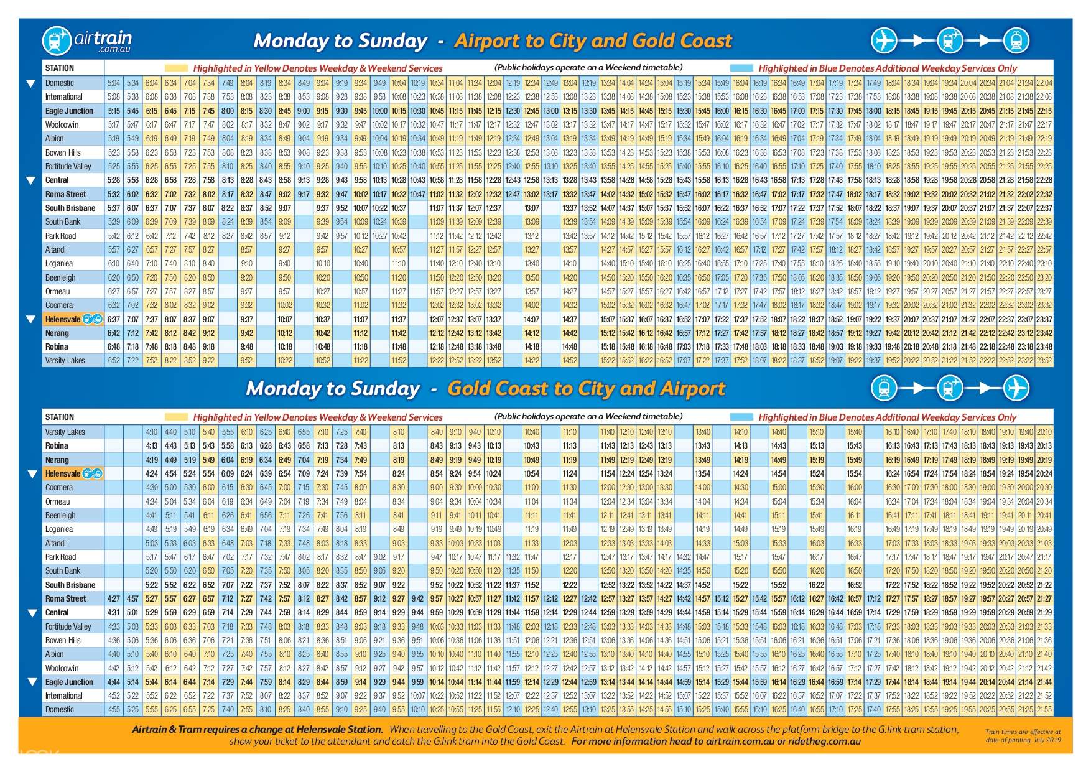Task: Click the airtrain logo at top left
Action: coord(86,41)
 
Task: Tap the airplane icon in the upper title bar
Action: coord(883,41)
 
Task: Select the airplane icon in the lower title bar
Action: coord(1016,388)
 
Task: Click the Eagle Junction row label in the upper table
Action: coord(69,111)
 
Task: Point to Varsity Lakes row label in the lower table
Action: coord(65,432)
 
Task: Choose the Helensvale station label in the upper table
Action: coord(63,319)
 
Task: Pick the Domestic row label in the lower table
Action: coord(59,709)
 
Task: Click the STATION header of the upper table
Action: coord(59,68)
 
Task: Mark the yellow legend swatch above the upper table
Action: coord(176,68)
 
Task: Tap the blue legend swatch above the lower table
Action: coord(741,417)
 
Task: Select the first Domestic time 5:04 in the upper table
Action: coord(114,83)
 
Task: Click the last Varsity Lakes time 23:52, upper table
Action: coord(1044,361)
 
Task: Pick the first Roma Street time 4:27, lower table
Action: coord(114,598)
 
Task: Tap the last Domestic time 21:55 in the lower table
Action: coord(1044,709)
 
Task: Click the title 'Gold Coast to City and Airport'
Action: coord(586,389)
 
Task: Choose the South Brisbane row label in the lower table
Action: coord(70,585)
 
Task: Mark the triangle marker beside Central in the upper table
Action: coord(30,180)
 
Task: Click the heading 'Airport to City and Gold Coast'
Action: coord(593,41)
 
